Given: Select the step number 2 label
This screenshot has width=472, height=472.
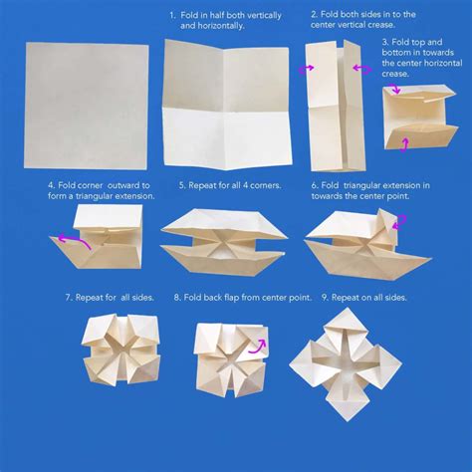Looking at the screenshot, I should [x=315, y=16].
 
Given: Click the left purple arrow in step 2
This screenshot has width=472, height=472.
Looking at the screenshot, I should [x=302, y=70].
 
